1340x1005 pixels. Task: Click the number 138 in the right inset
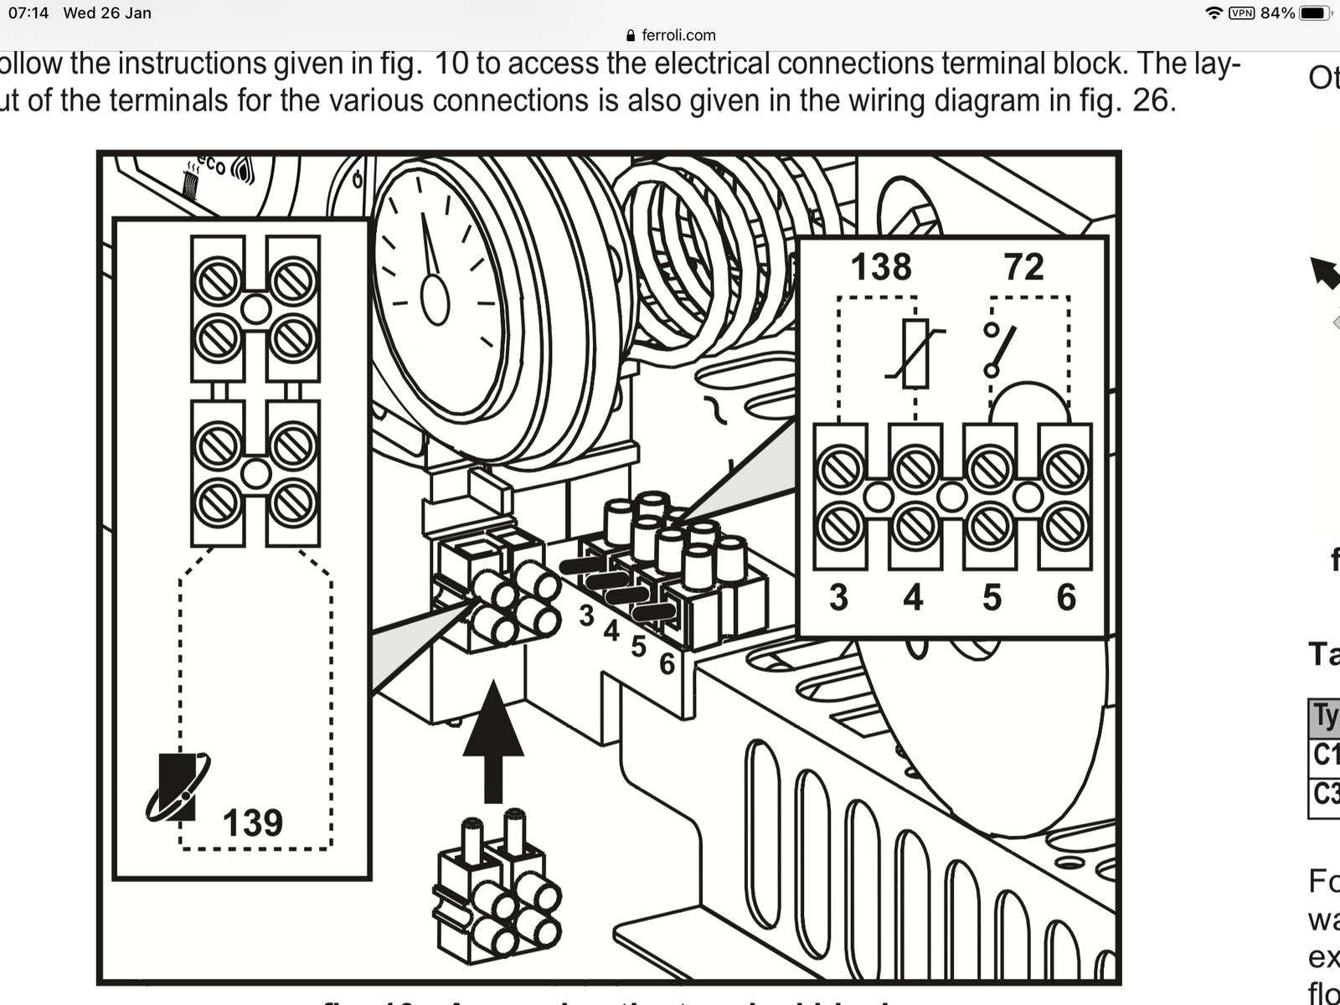click(x=880, y=267)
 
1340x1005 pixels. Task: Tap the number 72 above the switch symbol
click(x=1023, y=267)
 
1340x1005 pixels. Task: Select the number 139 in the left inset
click(x=252, y=822)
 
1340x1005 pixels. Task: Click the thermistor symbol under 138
click(x=915, y=354)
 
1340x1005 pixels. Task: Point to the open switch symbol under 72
click(x=999, y=350)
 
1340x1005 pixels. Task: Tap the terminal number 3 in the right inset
click(x=838, y=597)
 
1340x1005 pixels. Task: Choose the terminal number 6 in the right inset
click(x=1066, y=597)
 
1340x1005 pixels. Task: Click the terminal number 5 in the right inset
click(x=992, y=597)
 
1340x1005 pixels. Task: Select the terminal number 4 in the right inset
click(x=913, y=597)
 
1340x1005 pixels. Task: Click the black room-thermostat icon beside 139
click(x=178, y=787)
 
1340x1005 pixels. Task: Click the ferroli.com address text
click(x=678, y=35)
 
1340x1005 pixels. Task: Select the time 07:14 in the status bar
click(x=28, y=13)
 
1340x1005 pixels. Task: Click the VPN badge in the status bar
click(x=1241, y=13)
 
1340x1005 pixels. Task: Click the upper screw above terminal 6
click(x=1065, y=469)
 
